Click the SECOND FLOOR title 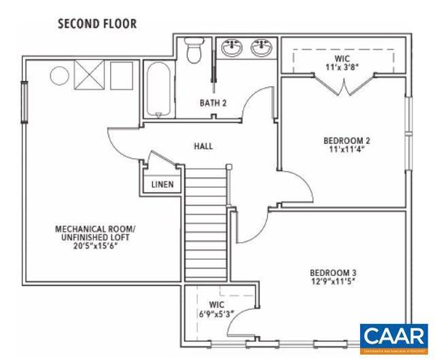[x=97, y=24]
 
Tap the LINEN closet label [x=162, y=183]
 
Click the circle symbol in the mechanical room [x=58, y=75]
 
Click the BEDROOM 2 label [x=346, y=139]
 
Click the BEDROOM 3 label [x=332, y=272]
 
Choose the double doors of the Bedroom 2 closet [x=343, y=87]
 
